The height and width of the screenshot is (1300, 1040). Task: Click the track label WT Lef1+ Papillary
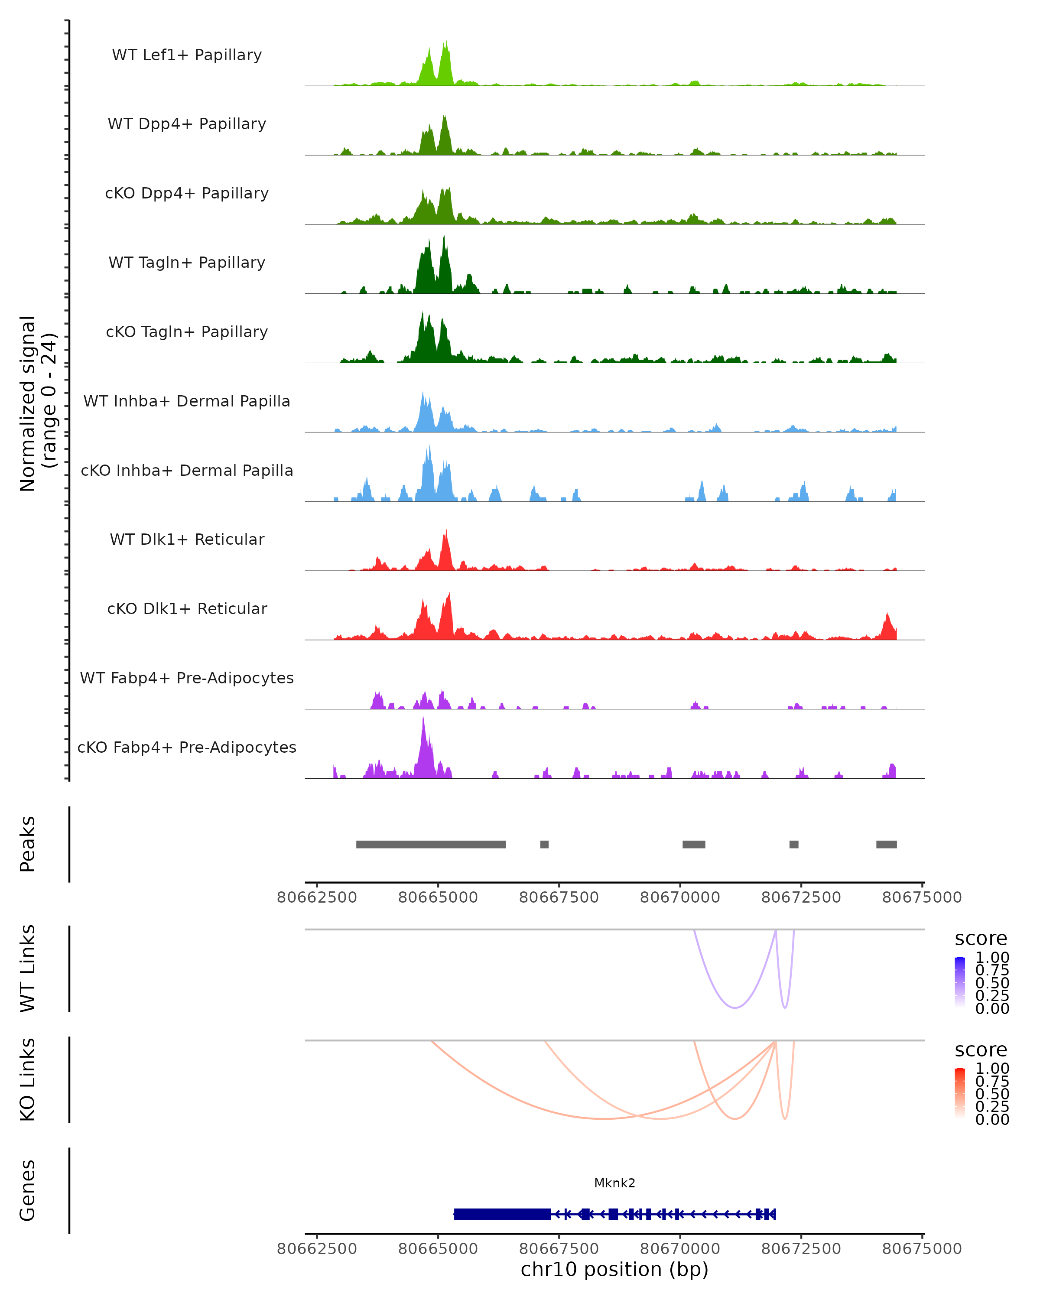pos(187,55)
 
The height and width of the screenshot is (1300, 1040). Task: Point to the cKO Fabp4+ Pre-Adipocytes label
pos(187,747)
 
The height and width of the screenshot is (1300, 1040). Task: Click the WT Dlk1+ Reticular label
pos(187,539)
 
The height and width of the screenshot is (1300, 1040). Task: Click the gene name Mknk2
pos(614,1183)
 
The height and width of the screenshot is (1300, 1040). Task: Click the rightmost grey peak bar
pos(886,844)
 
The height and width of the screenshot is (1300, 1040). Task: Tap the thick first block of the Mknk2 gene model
pos(502,1214)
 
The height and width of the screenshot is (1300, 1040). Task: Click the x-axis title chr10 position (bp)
pos(614,1269)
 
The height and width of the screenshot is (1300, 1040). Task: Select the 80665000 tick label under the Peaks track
pos(438,897)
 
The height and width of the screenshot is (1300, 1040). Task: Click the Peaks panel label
pos(28,844)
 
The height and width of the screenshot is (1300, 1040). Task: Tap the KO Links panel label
pos(28,1079)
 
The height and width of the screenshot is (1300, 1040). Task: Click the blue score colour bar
pos(960,983)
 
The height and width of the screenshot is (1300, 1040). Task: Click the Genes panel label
pos(28,1190)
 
